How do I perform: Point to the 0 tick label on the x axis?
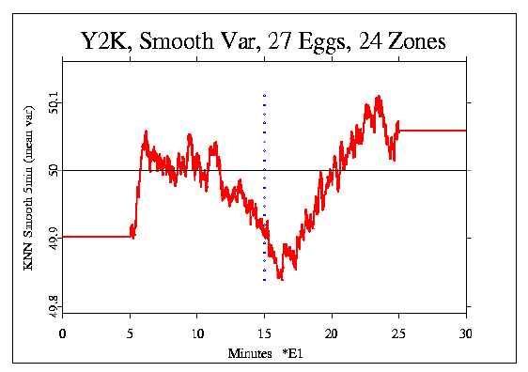tap(63, 333)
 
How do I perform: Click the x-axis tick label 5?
tap(131, 333)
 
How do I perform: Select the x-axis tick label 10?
tap(197, 333)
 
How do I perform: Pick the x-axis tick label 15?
tap(265, 333)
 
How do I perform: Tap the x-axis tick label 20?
tap(332, 333)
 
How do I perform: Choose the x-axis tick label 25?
tap(399, 333)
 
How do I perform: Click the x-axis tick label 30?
tap(466, 333)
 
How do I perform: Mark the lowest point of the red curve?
tap(280, 279)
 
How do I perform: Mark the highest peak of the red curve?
tap(378, 97)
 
